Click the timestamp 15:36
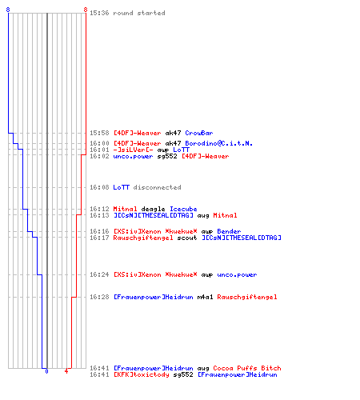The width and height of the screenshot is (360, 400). coord(99,13)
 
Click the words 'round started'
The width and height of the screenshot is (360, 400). coord(139,13)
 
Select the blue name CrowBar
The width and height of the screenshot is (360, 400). coord(199,133)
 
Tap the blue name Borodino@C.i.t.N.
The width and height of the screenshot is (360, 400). coord(218,143)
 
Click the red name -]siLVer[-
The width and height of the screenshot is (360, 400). coord(133,150)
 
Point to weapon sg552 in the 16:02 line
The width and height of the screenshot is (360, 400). coord(167,156)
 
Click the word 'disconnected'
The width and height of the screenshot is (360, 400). coord(157,187)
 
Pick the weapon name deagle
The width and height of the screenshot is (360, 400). coord(153,209)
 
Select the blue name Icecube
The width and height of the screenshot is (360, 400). coord(183,209)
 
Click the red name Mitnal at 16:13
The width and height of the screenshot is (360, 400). coord(225,215)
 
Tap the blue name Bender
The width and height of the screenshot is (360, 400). coord(229,231)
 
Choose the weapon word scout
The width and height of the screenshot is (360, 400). coord(187,238)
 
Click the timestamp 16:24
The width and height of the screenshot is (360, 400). coord(99,274)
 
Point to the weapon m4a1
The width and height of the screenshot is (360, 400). coord(205,297)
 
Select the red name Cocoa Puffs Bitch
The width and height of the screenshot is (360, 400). coord(247,368)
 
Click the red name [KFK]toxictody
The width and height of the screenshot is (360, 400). coord(141,374)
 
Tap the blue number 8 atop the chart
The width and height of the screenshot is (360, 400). coord(8,10)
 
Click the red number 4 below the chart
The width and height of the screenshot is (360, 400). coord(66,371)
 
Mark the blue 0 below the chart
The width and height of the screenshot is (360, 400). coord(46,371)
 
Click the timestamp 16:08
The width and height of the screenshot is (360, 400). coord(99,187)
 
